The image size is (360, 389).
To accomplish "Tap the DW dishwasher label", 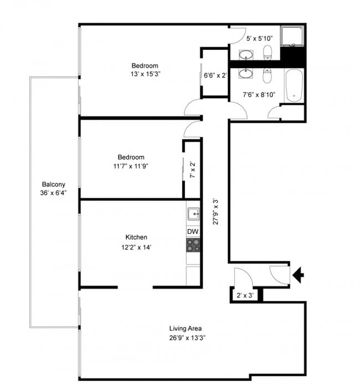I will coord(193,231).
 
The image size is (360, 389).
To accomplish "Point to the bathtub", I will coord(294,86).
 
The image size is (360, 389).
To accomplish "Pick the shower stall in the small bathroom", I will coord(292,37).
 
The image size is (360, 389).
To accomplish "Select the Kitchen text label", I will coord(136,237).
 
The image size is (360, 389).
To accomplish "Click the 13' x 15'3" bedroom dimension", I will coord(145,74).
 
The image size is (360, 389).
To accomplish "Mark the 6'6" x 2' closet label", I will coord(215,75).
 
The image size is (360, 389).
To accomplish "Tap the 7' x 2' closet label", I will coord(193,170).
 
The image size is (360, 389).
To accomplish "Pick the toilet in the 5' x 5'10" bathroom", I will coord(268,54).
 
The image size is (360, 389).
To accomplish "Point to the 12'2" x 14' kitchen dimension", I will coord(136,247).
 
